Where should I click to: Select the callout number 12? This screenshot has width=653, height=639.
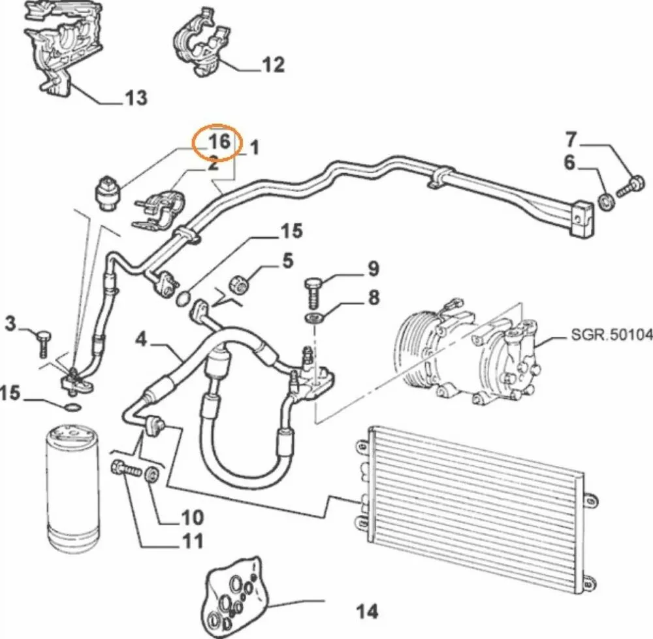(x=273, y=65)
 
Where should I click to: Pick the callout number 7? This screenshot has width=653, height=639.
(x=571, y=139)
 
